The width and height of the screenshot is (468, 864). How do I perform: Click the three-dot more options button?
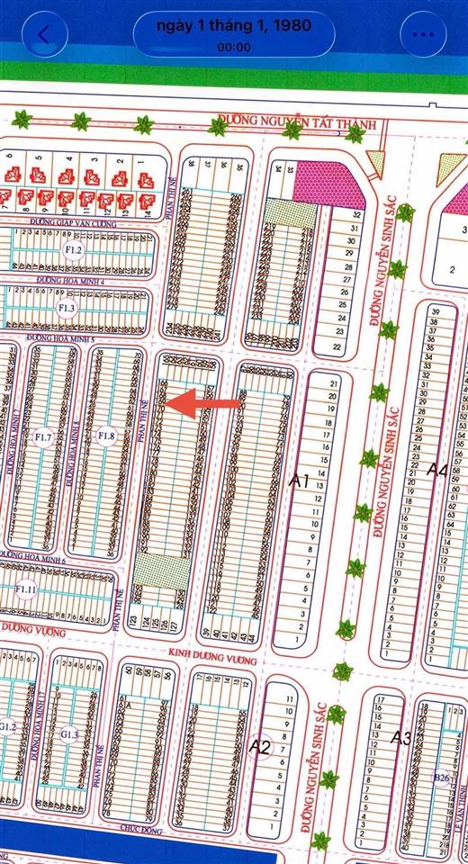point(423,34)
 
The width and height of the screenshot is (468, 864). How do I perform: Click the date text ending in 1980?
point(233,25)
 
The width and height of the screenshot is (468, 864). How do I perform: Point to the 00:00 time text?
point(233,48)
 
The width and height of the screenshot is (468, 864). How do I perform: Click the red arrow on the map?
point(206,402)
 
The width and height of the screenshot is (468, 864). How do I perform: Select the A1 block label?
point(299,481)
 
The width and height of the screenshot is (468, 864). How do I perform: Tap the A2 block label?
point(260,745)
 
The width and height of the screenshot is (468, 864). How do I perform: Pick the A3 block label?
point(401,738)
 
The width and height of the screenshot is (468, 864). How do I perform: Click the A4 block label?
point(437,469)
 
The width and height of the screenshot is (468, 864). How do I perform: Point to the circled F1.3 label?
point(67,309)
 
